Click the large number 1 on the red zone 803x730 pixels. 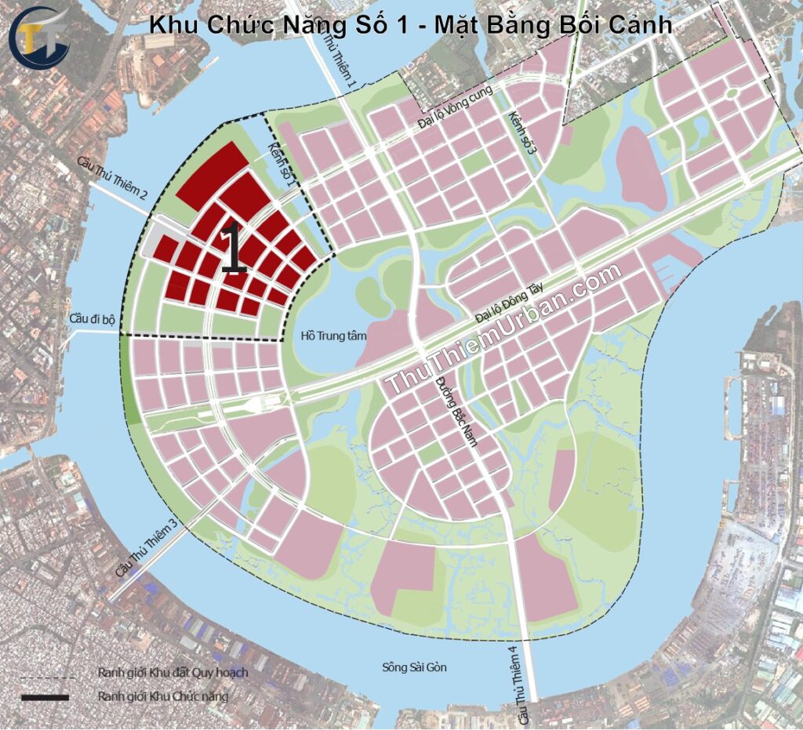[x=234, y=249]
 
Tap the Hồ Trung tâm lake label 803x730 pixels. [x=328, y=336]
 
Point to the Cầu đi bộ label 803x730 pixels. [x=92, y=319]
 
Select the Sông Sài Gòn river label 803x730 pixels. [x=414, y=667]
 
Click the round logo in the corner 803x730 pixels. [x=40, y=37]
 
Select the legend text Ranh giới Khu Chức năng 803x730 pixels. [x=163, y=696]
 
